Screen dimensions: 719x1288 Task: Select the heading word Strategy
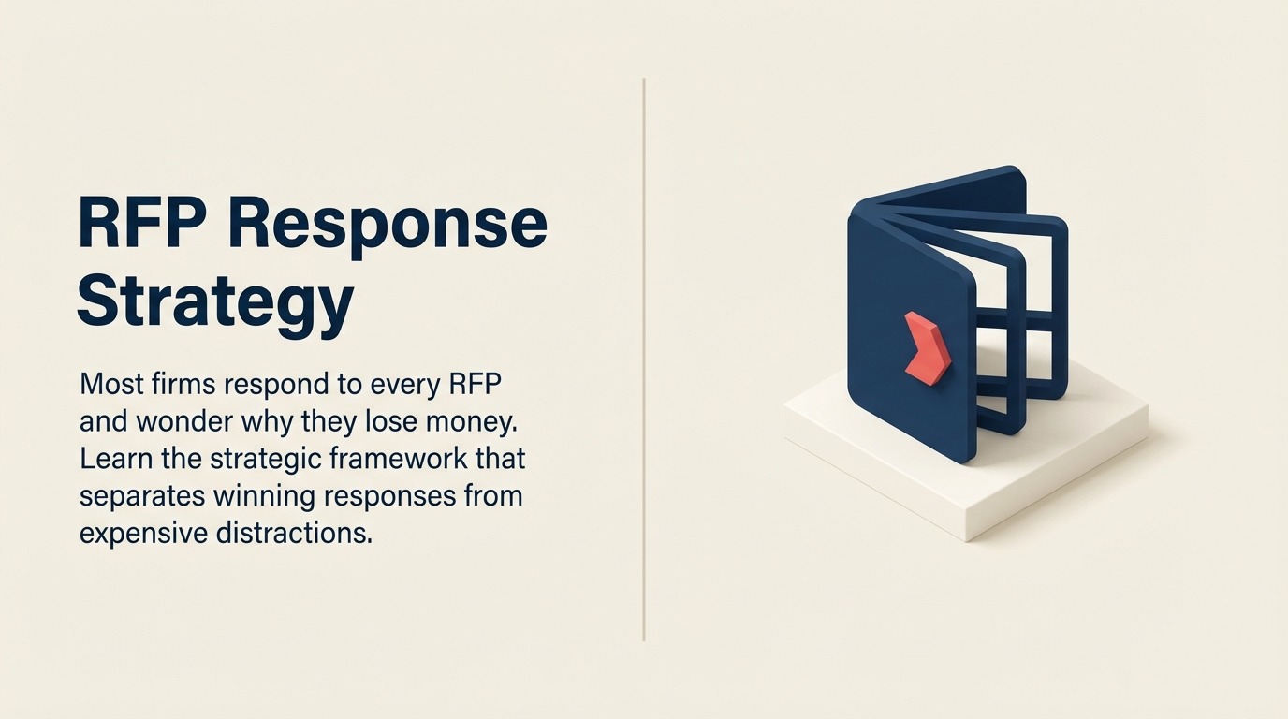(x=215, y=302)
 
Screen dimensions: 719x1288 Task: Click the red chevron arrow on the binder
(x=927, y=347)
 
